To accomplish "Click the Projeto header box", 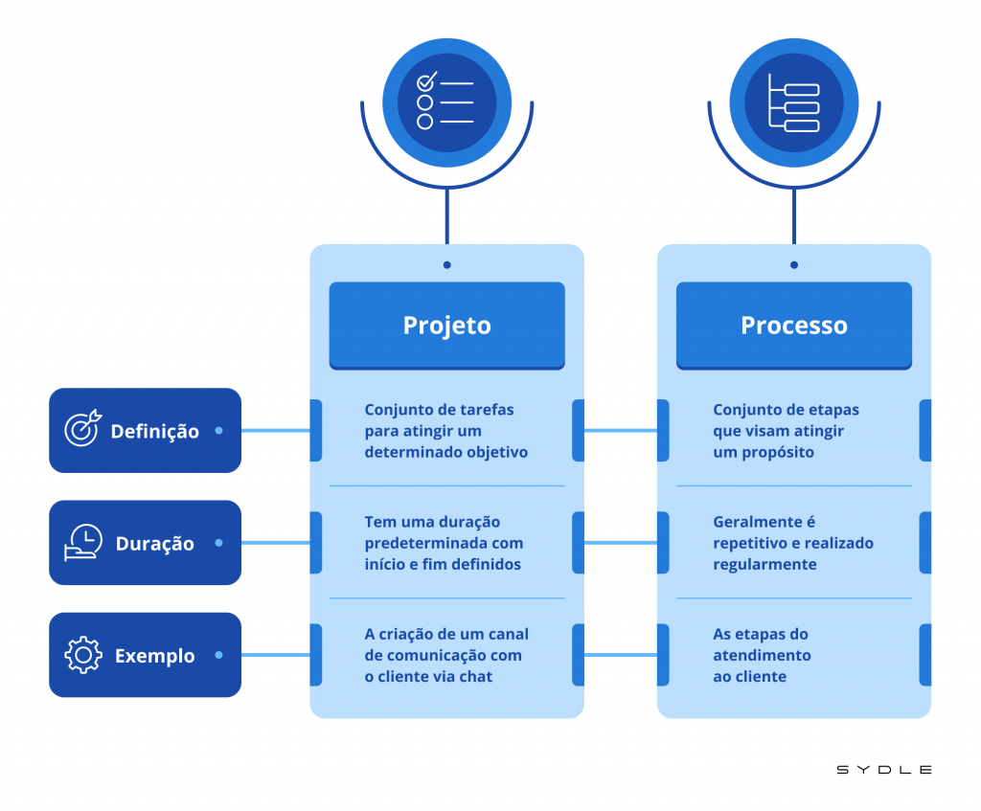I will (x=446, y=326).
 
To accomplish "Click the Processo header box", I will (x=793, y=326).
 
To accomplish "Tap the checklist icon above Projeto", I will (x=446, y=101).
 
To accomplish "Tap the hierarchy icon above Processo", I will (x=793, y=101).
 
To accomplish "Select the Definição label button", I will (x=145, y=431).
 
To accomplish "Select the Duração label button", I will (x=145, y=543).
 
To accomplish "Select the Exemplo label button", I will (x=145, y=656).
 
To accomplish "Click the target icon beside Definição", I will (x=81, y=430).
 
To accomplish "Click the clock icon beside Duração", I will (x=82, y=542).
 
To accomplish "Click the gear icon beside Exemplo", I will (x=82, y=656).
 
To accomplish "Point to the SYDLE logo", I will (x=883, y=769).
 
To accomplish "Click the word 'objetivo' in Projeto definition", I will (x=498, y=452).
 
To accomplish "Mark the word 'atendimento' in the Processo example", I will (x=762, y=656).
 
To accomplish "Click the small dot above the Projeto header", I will (x=446, y=265).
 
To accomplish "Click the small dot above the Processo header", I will (x=793, y=265).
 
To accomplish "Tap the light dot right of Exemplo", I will (x=218, y=656).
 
